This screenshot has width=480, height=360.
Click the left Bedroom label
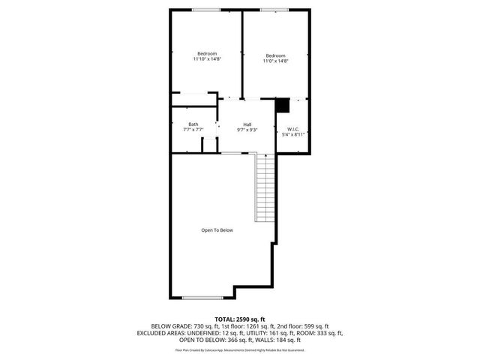tap(207, 53)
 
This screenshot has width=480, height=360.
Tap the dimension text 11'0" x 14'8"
tap(275, 61)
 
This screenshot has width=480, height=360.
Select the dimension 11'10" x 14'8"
tap(207, 60)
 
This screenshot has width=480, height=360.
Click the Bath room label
tap(193, 124)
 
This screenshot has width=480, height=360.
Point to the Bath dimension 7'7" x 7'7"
tap(193, 130)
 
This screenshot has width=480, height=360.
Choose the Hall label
tap(247, 124)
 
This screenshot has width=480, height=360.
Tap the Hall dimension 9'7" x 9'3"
tap(247, 130)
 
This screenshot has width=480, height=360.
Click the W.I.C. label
tap(292, 129)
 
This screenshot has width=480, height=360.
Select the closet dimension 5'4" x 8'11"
tap(292, 135)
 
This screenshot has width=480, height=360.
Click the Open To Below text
tap(217, 230)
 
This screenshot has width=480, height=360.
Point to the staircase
tap(265, 187)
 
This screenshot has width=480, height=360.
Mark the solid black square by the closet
tap(282, 105)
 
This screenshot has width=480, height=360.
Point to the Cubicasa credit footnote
tap(240, 349)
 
